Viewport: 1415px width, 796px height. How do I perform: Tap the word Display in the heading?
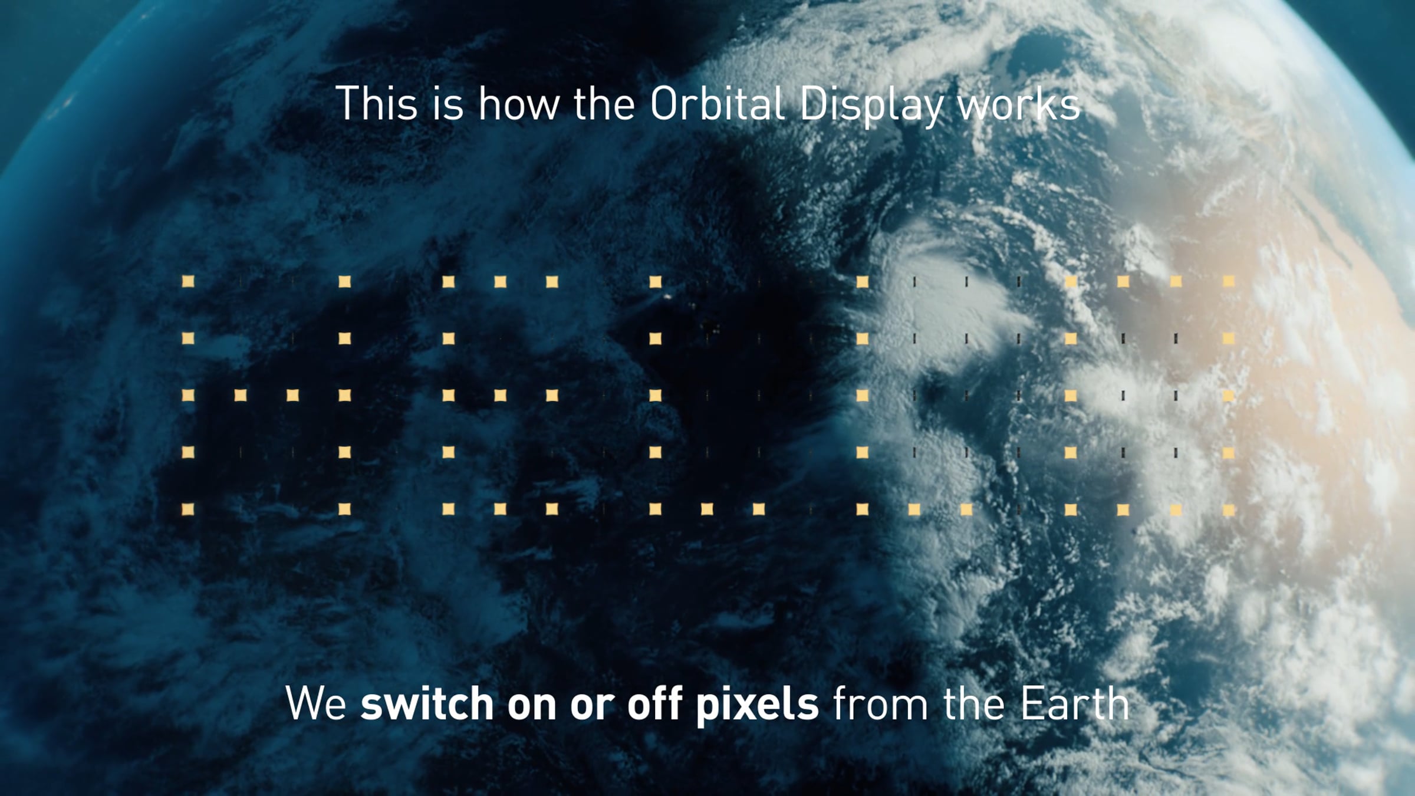tap(871, 106)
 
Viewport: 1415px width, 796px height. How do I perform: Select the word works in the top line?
tap(1019, 104)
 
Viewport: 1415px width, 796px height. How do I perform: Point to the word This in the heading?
tap(377, 104)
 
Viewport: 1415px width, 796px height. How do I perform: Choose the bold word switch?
tap(427, 703)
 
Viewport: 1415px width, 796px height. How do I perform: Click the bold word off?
tap(654, 703)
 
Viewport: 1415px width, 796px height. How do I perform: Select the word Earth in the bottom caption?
tap(1075, 703)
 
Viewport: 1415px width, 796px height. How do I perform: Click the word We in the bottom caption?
tap(316, 703)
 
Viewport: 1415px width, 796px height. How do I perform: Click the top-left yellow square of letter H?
tap(188, 281)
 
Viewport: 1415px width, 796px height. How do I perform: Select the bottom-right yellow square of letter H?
tap(345, 508)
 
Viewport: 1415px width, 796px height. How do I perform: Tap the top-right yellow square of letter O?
tap(1228, 281)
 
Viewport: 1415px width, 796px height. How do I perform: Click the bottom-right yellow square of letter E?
tap(552, 508)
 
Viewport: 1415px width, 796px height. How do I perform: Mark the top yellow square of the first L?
tap(655, 281)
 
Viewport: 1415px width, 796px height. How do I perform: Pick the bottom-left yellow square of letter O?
tap(1071, 508)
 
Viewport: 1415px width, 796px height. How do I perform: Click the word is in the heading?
tap(448, 104)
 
